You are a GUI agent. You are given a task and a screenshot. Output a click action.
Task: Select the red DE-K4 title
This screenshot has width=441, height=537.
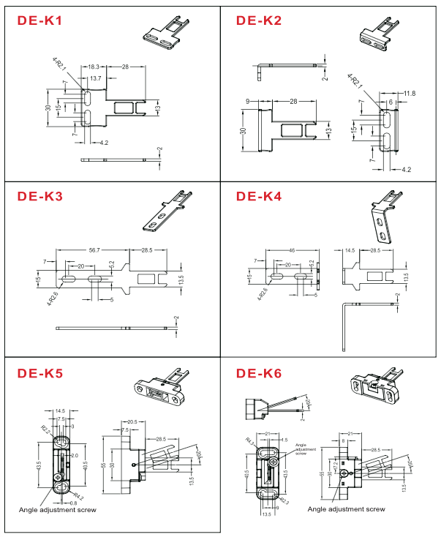pyautogui.click(x=259, y=196)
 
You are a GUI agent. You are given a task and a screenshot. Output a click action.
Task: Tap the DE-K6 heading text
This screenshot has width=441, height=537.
pyautogui.click(x=259, y=374)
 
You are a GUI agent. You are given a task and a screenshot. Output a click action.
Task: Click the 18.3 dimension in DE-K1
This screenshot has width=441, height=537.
pyautogui.click(x=93, y=67)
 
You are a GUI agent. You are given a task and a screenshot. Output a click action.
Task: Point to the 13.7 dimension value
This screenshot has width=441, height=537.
pyautogui.click(x=96, y=78)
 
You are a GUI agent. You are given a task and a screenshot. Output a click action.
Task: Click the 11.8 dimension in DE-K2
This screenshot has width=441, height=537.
pyautogui.click(x=410, y=94)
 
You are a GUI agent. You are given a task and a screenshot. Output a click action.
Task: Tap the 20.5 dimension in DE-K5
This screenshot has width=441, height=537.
pyautogui.click(x=132, y=422)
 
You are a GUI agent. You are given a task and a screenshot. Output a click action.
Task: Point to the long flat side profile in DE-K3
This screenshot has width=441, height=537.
pyautogui.click(x=117, y=328)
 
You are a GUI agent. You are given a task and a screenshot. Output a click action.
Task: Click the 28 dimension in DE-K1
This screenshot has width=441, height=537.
pyautogui.click(x=126, y=67)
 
